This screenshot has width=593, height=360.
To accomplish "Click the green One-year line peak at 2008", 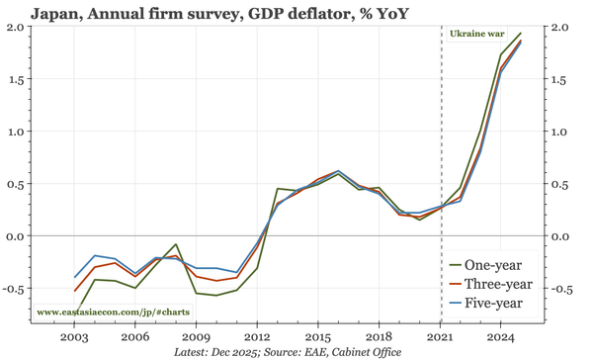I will [176, 244].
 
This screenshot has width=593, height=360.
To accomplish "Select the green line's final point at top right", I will [522, 34].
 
